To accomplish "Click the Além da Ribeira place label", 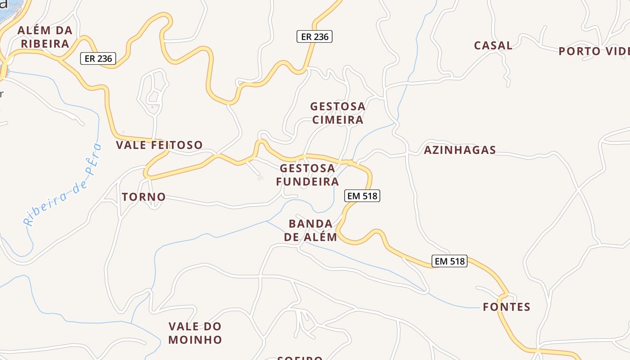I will [45, 37].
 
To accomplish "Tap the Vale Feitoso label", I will [159, 145].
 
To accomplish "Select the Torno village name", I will [144, 197].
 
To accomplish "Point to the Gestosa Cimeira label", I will [337, 113].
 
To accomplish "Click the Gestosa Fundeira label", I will [307, 175].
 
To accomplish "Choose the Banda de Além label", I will [310, 230].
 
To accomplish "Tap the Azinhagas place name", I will [459, 150].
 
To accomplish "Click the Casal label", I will [493, 45].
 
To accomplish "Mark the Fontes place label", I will [507, 307].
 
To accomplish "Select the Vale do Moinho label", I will [195, 333].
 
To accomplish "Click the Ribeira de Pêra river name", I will [63, 184].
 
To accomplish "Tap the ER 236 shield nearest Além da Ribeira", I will [98, 58].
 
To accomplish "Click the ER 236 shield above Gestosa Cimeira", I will [314, 36].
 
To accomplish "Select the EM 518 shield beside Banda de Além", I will [362, 196].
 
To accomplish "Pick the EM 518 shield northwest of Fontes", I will [449, 261].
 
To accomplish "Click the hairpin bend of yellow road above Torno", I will [146, 173].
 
